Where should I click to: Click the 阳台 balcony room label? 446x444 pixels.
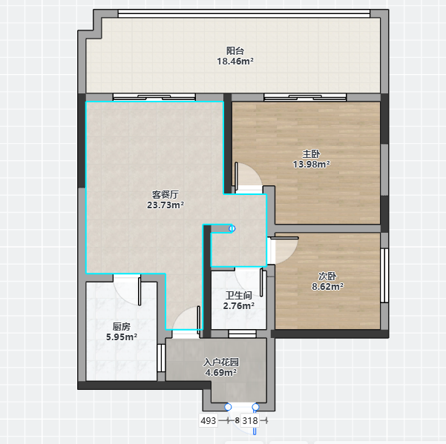coord(235,51)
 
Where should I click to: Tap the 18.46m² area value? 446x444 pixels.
coord(235,61)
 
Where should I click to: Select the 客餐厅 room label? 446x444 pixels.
coord(165,195)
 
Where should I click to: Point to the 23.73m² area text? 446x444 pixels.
coord(165,205)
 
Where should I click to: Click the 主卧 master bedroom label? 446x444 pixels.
coord(311,154)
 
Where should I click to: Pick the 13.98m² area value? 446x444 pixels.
coord(312,165)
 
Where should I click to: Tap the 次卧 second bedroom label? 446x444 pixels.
coord(327,276)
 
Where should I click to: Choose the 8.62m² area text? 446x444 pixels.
coord(327,286)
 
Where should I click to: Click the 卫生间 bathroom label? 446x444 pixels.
coord(239,296)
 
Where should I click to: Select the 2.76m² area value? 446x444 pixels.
coord(239,305)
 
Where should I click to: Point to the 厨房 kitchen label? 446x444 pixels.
coord(122,327)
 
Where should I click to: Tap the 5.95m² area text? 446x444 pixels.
coord(122,337)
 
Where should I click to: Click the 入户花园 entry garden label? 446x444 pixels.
coord(221,362)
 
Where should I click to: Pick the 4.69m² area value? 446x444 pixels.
coord(221,372)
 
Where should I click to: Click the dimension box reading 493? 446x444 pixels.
coord(209,420)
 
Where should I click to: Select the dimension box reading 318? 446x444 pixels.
coord(250,420)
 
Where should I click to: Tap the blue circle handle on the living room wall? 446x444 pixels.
coord(232,228)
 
